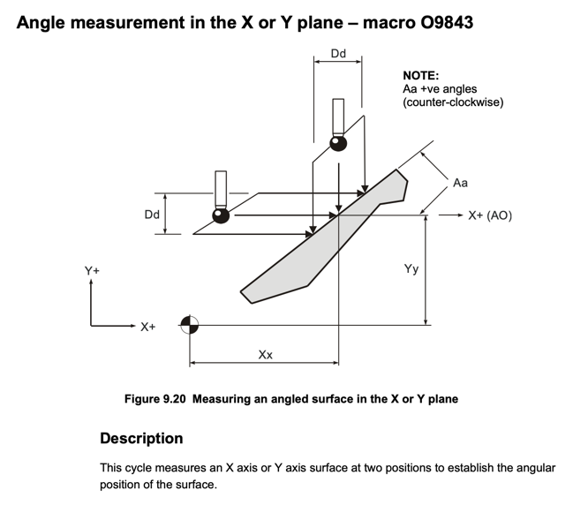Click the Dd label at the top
338,54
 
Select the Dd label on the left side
152,215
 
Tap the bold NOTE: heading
421,76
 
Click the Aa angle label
460,183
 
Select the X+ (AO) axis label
490,215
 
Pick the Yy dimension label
411,269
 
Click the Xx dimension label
265,354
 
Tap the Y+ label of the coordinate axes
93,270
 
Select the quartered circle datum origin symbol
189,325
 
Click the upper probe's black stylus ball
338,142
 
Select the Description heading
141,438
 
